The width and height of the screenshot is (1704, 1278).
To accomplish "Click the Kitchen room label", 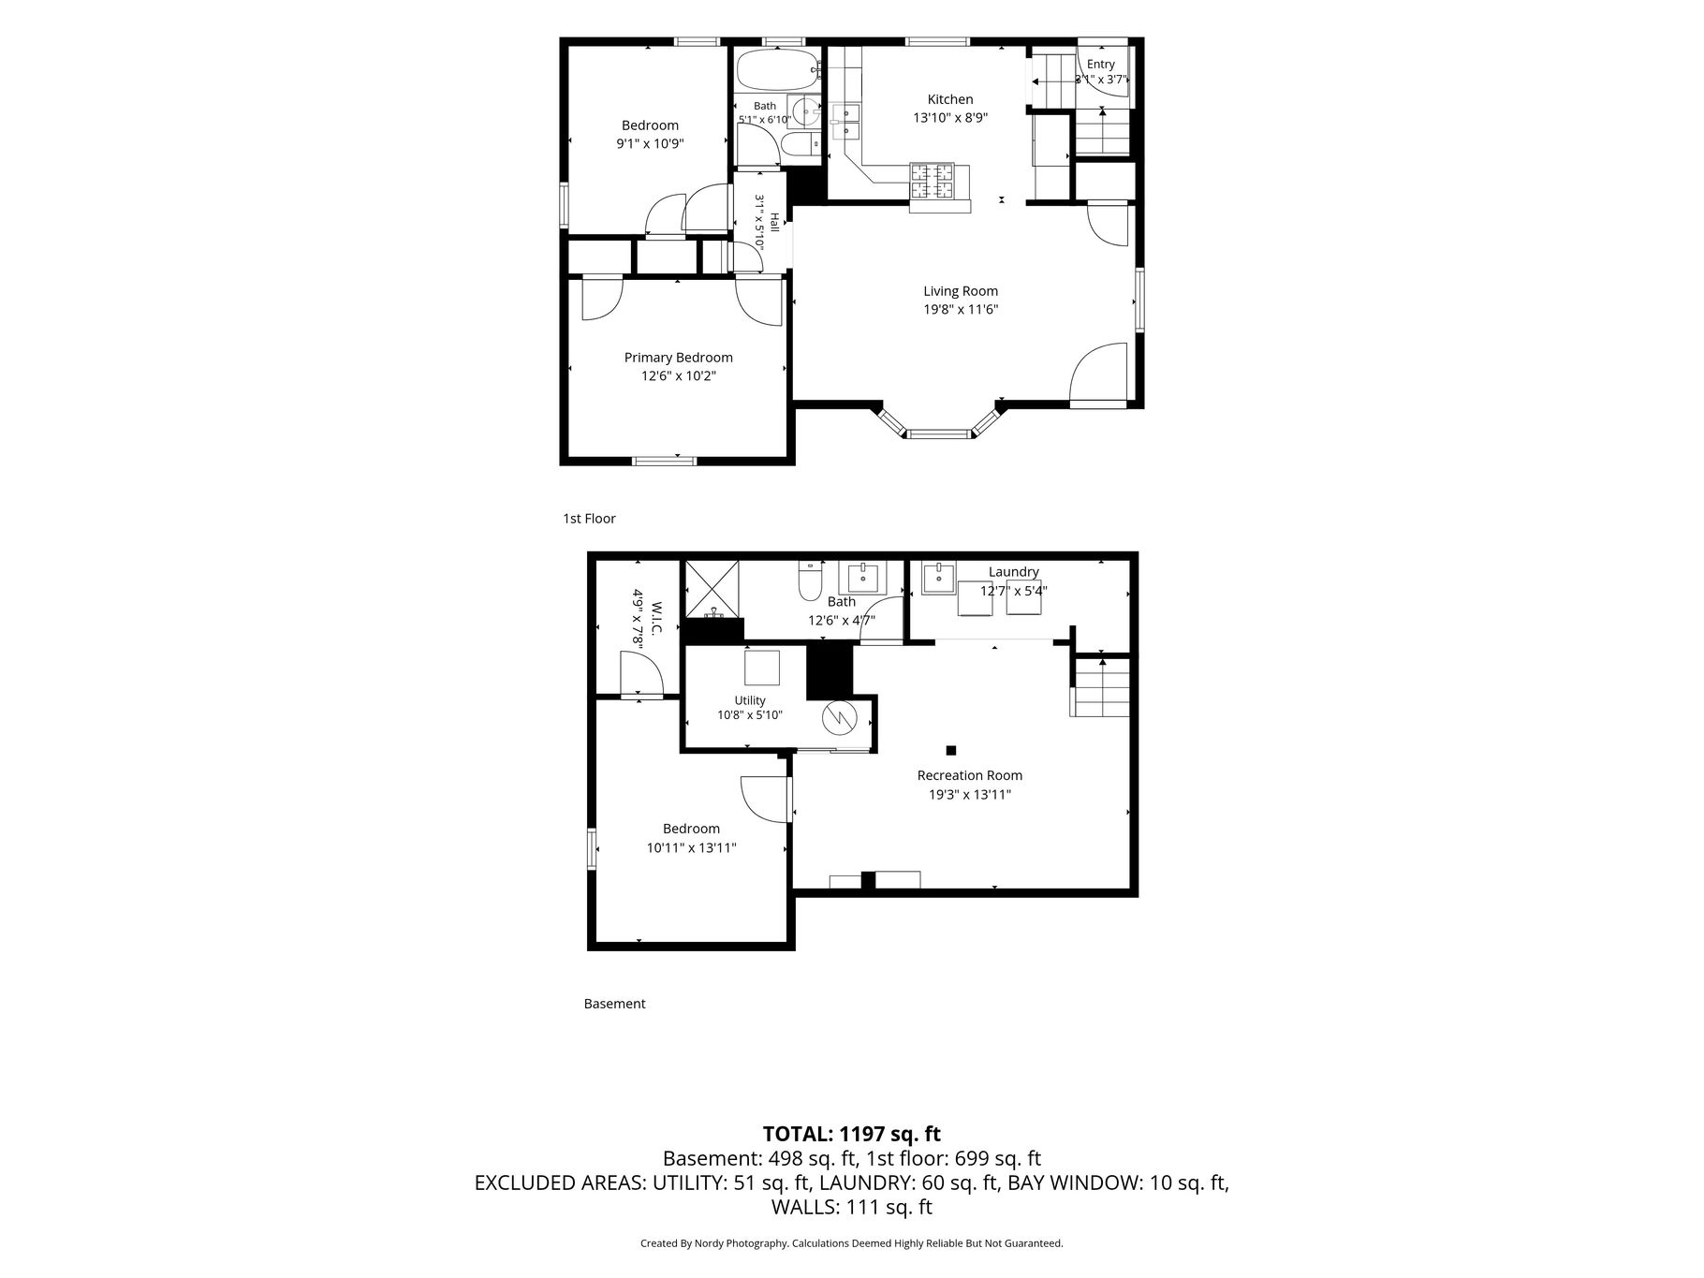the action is [x=949, y=99].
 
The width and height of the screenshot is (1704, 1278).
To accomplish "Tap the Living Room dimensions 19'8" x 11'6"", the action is [x=961, y=309].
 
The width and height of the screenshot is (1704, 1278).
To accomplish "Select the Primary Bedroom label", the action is [x=678, y=358].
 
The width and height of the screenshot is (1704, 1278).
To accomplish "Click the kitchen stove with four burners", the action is [x=933, y=182].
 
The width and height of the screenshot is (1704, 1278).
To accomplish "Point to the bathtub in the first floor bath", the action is [x=776, y=69].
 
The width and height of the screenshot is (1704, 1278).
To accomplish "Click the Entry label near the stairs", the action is [x=1101, y=65].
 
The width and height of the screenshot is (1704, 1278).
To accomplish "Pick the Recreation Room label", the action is [x=969, y=775].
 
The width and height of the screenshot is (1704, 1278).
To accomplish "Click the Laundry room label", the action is [x=1013, y=572].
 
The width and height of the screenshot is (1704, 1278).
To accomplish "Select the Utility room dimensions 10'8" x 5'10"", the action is [x=750, y=715].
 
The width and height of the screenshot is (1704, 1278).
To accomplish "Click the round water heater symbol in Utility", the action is [x=839, y=718].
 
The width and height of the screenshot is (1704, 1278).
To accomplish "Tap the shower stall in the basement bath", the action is [x=712, y=589].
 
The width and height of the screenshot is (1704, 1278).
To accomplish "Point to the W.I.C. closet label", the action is [x=656, y=618].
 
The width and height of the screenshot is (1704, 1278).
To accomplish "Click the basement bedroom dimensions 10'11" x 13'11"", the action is [x=692, y=848].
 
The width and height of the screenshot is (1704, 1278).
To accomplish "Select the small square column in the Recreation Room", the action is [x=951, y=750].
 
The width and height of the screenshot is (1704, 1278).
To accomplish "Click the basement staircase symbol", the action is [x=1101, y=687].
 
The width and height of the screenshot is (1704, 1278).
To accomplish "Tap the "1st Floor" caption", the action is [x=589, y=519].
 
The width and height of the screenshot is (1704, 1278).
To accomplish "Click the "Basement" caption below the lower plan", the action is [x=614, y=1004].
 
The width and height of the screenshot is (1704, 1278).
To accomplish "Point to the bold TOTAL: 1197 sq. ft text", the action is [x=851, y=1134].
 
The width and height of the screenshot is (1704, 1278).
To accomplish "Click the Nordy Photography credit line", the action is [x=851, y=1243].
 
